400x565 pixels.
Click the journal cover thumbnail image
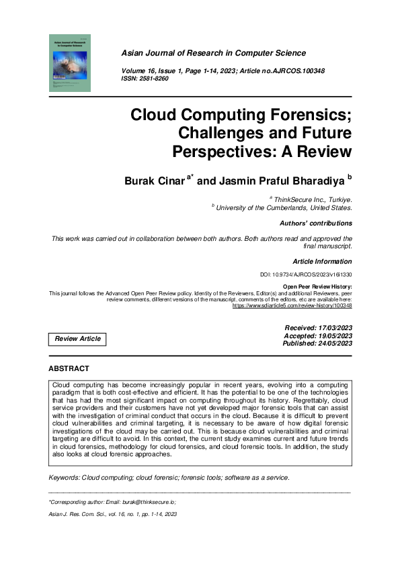[x=70, y=63]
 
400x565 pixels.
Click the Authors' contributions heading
[x=315, y=223]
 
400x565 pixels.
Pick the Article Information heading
[x=322, y=261]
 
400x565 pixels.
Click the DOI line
[x=305, y=275]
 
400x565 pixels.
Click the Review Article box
[x=78, y=339]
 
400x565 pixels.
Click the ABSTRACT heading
[x=69, y=368]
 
